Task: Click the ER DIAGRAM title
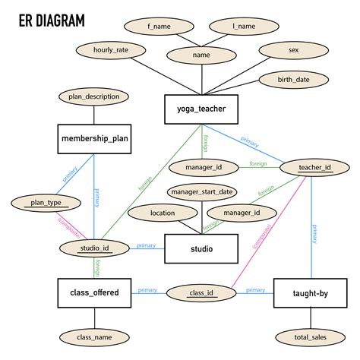tap(52, 19)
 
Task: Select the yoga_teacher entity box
tap(202, 109)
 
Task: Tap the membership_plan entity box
tap(95, 139)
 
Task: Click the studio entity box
tap(202, 248)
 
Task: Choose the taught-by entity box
tap(311, 292)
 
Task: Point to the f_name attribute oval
tap(159, 27)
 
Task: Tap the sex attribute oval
tap(293, 50)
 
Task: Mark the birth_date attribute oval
tap(293, 80)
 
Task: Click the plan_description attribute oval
tap(94, 96)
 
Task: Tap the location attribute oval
tap(163, 213)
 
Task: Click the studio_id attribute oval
tap(95, 248)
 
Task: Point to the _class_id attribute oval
tap(201, 292)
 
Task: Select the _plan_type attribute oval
tap(46, 203)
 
